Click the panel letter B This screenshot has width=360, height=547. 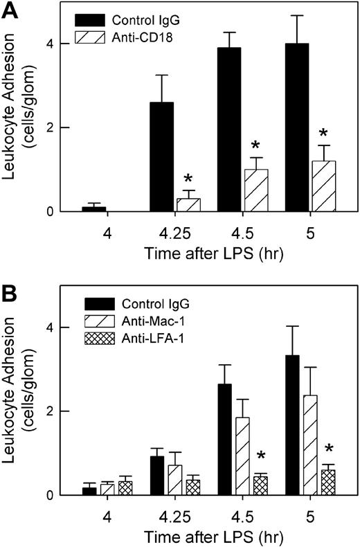pos(10,280)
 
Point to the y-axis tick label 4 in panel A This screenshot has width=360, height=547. pos(48,43)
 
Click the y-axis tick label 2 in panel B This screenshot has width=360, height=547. pos(48,411)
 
